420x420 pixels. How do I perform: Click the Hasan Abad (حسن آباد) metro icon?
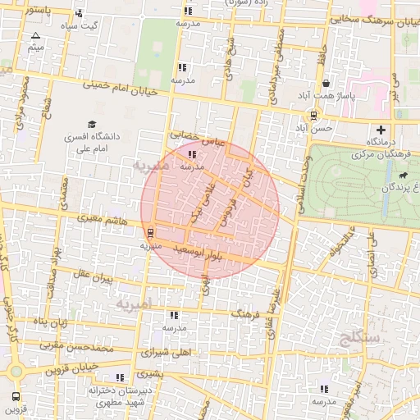(x=314, y=116)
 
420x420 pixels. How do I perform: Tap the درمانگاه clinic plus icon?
(x=381, y=130)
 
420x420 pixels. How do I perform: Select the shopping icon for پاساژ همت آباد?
(x=326, y=84)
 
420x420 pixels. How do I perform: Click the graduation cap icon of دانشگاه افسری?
(x=81, y=125)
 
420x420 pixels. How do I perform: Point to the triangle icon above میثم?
(x=35, y=35)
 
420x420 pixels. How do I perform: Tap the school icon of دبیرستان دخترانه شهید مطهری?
(x=121, y=377)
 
